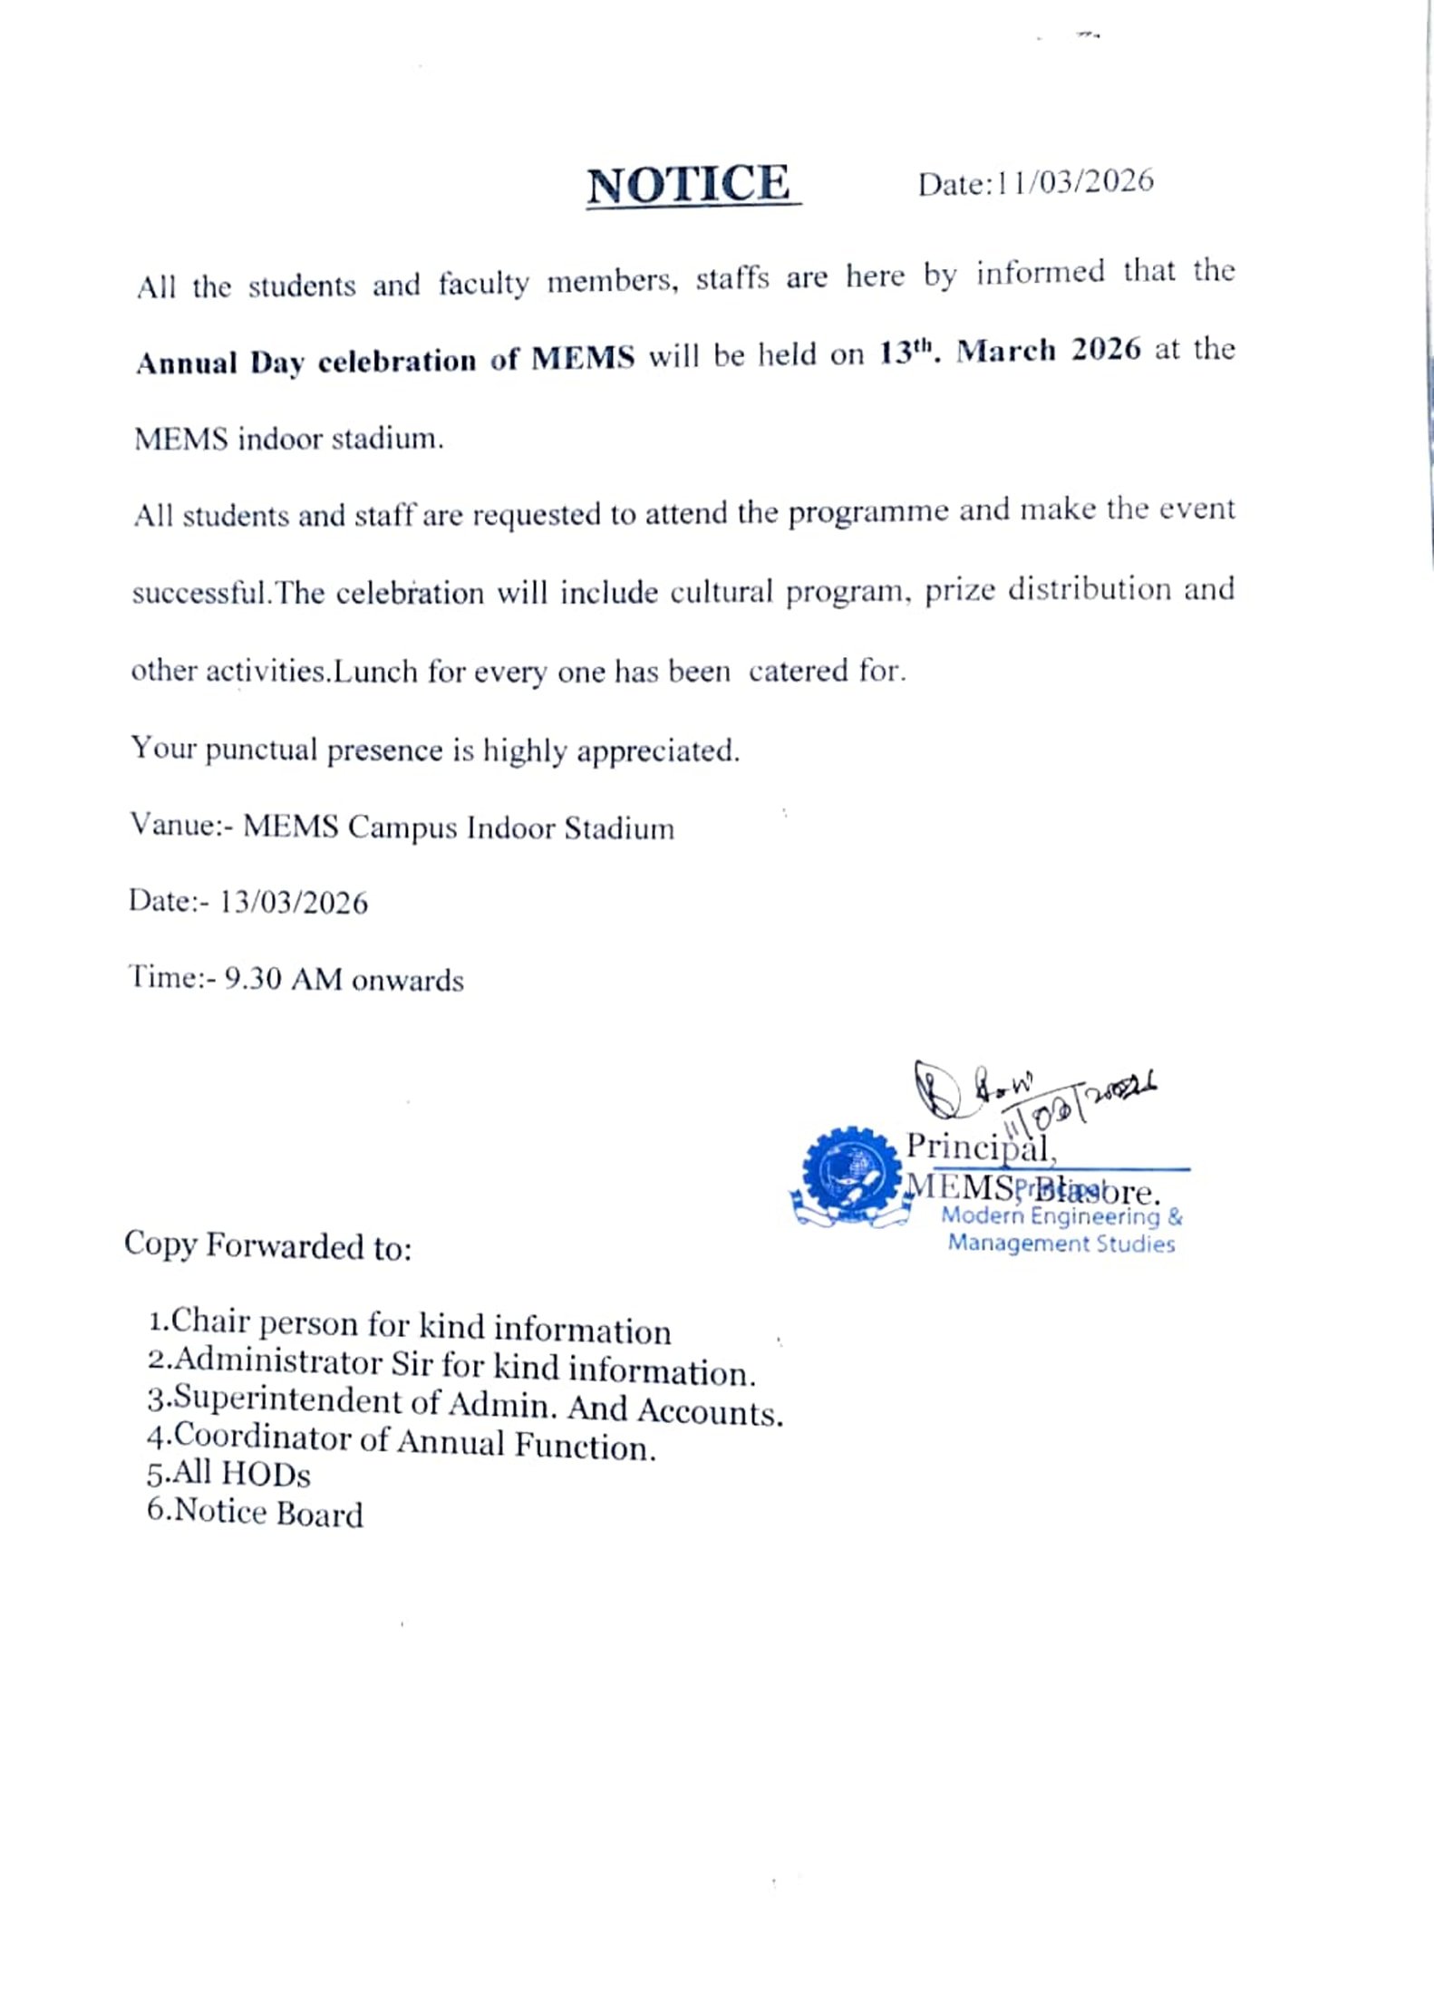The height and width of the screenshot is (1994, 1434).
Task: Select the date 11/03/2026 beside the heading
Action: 1075,182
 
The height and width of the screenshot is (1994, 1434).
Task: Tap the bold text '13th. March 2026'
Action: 1010,351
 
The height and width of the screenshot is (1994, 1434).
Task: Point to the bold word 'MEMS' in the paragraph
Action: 583,358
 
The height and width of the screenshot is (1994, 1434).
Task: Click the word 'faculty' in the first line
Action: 483,285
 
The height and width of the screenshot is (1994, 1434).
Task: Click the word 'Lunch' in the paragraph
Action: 375,672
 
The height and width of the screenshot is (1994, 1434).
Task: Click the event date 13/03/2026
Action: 294,903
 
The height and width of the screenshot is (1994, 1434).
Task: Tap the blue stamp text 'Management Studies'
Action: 1061,1243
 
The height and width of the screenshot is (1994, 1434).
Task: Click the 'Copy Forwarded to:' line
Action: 268,1246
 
